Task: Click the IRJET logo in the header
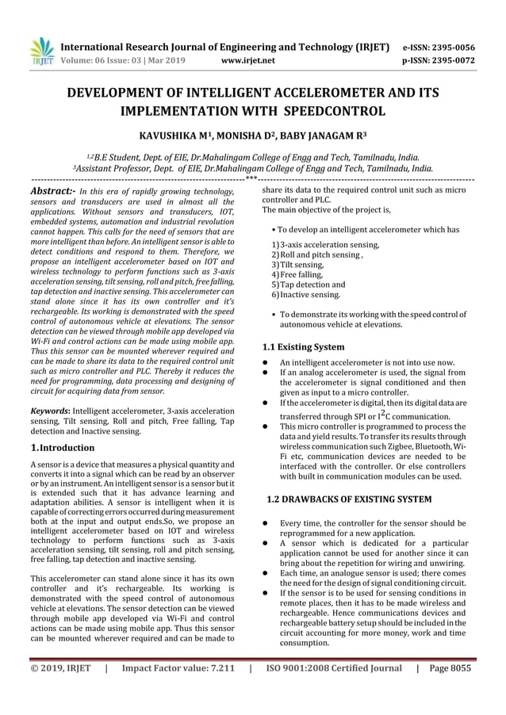click(40, 51)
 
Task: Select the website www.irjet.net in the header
click(248, 59)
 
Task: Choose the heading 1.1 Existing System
click(303, 346)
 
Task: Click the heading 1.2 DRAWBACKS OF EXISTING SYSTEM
click(349, 499)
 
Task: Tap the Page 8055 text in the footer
click(450, 667)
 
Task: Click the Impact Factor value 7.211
click(178, 667)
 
